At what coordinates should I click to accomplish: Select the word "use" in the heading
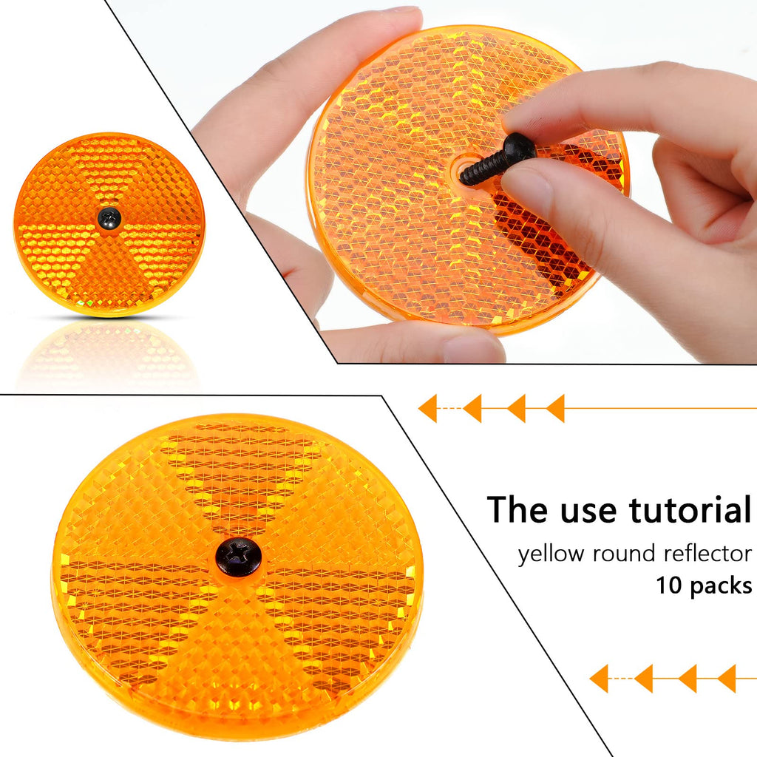(591, 514)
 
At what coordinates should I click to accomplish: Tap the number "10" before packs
(668, 585)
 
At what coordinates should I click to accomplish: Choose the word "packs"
(721, 586)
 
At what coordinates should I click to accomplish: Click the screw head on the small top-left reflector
(109, 219)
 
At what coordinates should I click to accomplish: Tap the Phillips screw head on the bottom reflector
(239, 557)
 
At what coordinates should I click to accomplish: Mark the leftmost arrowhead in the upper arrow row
(427, 408)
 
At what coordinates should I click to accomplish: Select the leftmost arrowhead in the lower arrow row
(599, 679)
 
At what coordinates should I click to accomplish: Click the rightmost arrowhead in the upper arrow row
(555, 408)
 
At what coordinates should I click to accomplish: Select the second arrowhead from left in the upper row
(472, 408)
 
